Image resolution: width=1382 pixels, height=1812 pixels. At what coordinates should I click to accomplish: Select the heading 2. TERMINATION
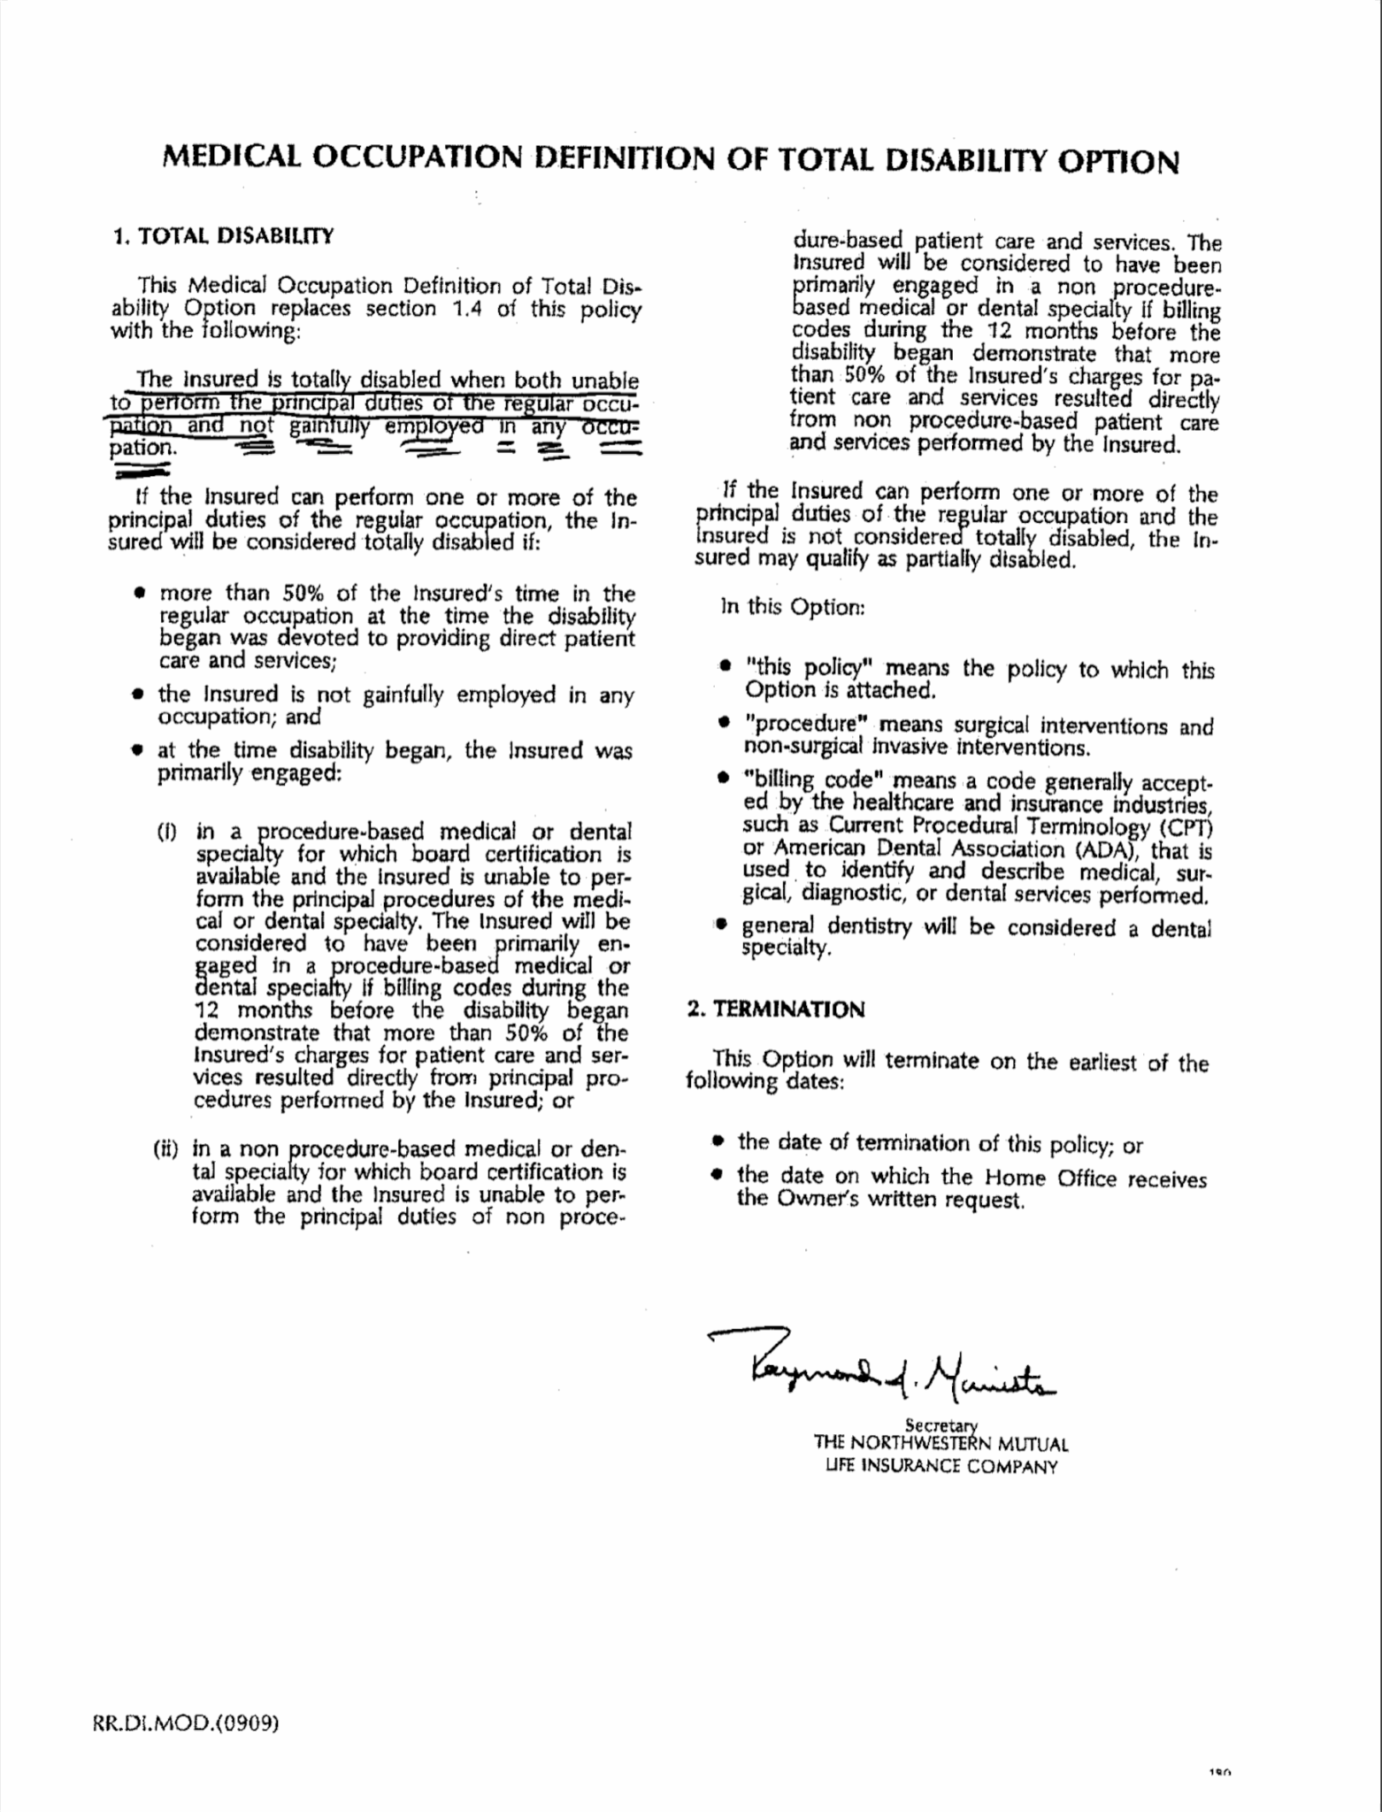776,1010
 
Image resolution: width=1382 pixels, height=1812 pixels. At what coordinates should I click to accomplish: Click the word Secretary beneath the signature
941,1424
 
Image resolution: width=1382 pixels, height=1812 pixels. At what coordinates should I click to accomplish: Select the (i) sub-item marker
168,832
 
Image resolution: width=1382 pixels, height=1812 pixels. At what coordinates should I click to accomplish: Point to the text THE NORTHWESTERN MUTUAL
941,1444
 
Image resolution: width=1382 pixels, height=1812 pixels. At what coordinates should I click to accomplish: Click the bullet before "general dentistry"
722,926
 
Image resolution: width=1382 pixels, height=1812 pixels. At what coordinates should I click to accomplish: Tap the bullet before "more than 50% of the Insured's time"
140,594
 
